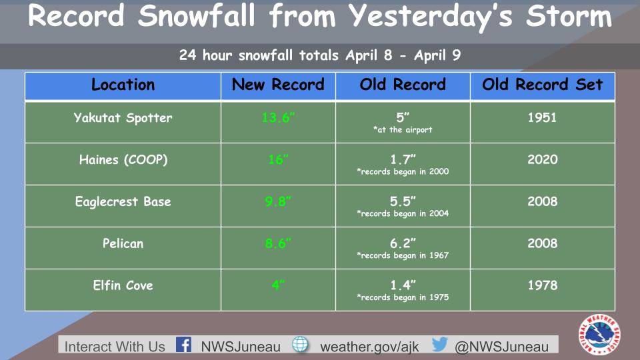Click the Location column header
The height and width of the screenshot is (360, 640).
[123, 85]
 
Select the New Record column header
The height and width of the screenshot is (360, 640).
[278, 85]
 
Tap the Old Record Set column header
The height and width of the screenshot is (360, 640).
[543, 85]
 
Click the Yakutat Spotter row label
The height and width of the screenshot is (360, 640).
[123, 118]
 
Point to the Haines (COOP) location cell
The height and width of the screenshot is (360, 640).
[123, 159]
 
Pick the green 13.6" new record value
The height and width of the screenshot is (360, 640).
[278, 117]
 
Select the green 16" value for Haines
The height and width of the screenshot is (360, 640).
[278, 159]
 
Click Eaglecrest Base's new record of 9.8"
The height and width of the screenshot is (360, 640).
[278, 201]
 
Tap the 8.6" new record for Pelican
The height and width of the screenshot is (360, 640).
[278, 244]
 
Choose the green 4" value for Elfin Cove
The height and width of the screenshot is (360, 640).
[278, 285]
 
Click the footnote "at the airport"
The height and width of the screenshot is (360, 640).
[403, 130]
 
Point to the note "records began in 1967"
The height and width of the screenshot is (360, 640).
[403, 255]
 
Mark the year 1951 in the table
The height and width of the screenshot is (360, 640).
[542, 117]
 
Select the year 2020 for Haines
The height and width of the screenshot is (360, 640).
[542, 159]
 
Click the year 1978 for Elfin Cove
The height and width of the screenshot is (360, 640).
[542, 285]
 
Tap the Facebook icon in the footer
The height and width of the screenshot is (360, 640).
[184, 345]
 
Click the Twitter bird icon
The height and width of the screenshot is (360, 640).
[440, 344]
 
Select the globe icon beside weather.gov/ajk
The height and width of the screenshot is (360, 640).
[300, 345]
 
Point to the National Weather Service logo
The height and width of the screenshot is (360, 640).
[599, 334]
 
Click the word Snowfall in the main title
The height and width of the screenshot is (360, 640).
[196, 15]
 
